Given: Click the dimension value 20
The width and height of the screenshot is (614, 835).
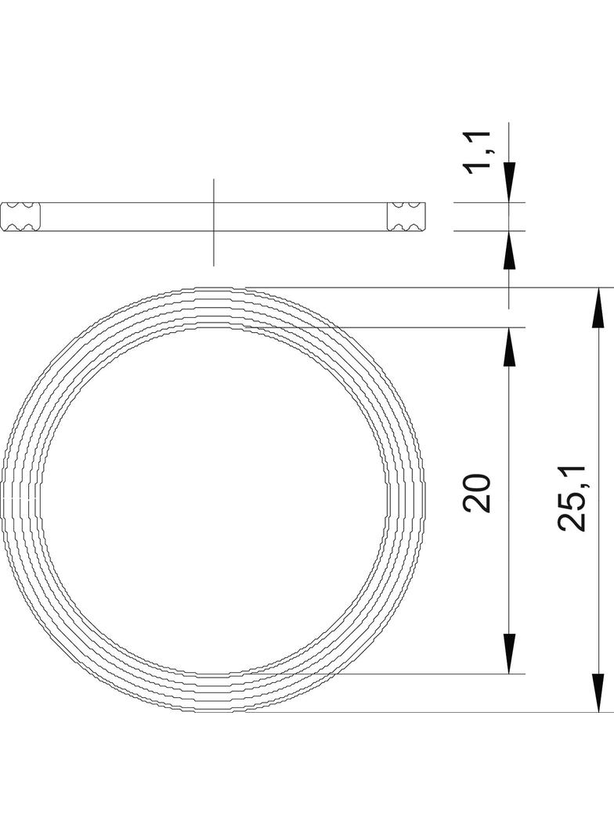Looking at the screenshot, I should coord(477,493).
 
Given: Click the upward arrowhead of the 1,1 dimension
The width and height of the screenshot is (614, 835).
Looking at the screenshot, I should coord(509,251).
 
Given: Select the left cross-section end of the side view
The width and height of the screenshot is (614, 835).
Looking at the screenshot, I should coord(21,216).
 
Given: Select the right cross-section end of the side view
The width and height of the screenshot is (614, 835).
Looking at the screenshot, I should coord(406,216).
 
